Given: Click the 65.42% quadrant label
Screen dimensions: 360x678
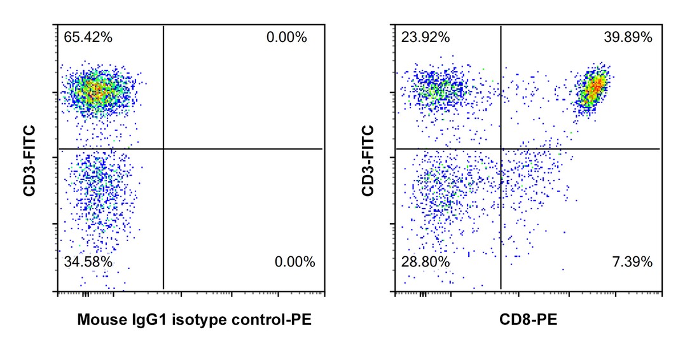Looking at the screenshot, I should click(88, 38).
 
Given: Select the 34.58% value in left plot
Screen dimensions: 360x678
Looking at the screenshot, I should click(88, 261).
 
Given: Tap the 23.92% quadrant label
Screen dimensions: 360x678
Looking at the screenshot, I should click(425, 38).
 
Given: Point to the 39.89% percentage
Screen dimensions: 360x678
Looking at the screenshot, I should click(628, 38).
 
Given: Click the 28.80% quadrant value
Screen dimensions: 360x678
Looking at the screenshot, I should click(425, 261).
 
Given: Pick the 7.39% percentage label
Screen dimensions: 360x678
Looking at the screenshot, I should click(632, 261).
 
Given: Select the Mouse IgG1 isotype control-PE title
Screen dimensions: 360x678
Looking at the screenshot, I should click(195, 319).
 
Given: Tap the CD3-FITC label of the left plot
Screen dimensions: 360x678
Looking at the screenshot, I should click(30, 160).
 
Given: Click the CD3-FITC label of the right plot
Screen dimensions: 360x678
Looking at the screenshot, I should click(367, 160).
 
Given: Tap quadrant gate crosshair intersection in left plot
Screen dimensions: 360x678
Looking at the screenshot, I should click(163, 149).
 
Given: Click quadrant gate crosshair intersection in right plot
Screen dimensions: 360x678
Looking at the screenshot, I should click(501, 149).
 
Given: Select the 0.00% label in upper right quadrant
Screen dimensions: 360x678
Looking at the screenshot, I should click(287, 38).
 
